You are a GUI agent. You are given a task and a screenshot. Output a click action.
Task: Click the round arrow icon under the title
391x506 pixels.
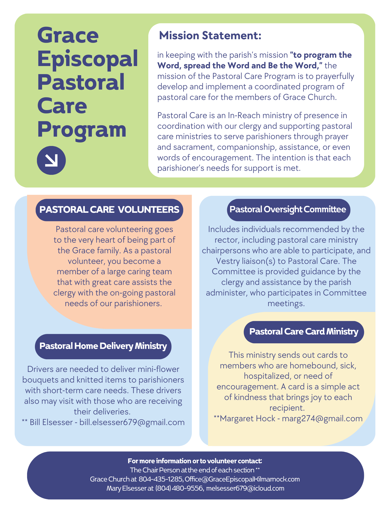(x=51, y=160)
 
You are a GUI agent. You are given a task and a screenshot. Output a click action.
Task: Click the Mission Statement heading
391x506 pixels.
(x=210, y=36)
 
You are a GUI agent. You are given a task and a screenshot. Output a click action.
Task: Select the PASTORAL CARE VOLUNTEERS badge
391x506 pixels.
(x=109, y=210)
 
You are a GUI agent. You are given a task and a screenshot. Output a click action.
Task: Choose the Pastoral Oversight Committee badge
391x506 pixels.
(x=288, y=209)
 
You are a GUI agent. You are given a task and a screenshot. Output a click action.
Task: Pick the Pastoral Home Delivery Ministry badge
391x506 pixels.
(x=103, y=346)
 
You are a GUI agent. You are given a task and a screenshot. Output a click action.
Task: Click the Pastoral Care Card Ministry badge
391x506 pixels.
(x=304, y=332)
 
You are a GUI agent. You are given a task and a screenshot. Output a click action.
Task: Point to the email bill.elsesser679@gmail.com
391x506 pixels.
(x=132, y=422)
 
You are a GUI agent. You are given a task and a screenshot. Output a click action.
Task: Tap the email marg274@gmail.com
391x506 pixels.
(x=322, y=418)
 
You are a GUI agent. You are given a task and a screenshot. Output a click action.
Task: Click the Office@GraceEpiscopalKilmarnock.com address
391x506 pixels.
(x=242, y=479)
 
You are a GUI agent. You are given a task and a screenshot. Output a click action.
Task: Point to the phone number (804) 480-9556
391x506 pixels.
(x=179, y=488)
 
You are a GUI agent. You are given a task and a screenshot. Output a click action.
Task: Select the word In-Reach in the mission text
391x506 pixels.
(x=244, y=115)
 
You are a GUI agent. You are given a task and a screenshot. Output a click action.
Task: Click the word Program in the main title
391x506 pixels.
(x=82, y=130)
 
